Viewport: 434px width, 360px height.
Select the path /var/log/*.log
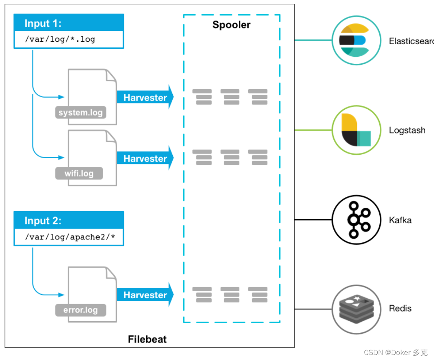(60, 40)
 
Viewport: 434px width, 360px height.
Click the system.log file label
(81, 113)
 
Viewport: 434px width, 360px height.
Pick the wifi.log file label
(79, 173)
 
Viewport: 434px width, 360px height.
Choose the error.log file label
(81, 310)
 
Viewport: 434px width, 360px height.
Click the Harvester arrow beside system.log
(145, 98)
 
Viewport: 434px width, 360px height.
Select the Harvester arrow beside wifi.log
(145, 159)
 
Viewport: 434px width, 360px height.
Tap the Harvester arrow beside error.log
(145, 295)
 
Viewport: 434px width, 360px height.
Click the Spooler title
(231, 25)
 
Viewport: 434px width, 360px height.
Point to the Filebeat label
(147, 339)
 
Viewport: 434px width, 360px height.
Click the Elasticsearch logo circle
(356, 40)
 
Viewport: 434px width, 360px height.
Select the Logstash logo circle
(356, 130)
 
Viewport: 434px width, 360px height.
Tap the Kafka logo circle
(356, 219)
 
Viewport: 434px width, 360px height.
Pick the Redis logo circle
(356, 309)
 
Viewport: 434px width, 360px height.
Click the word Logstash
(407, 130)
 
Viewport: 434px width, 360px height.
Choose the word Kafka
(400, 220)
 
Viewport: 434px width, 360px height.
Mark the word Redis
(400, 309)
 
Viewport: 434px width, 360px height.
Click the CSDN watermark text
(396, 352)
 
